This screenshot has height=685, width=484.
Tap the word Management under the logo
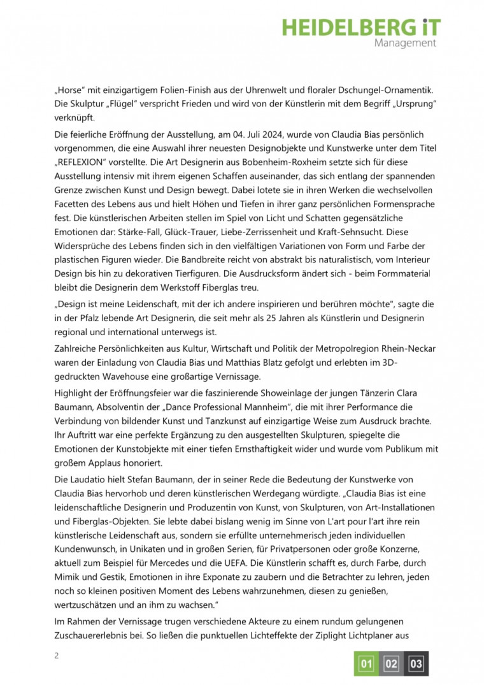click(x=405, y=43)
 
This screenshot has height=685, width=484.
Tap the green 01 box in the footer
click(x=366, y=664)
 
